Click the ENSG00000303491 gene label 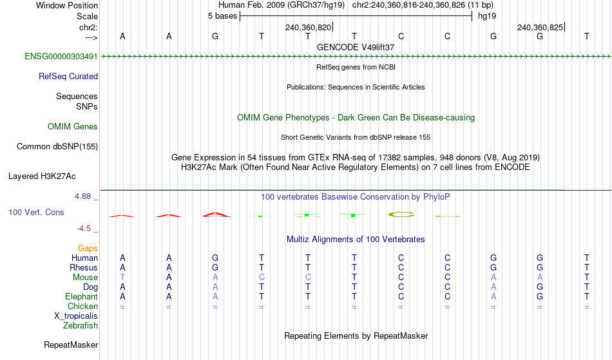click(61, 57)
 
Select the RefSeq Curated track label click(68, 77)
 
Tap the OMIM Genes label click(73, 127)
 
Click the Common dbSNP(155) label click(57, 147)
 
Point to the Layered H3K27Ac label click(42, 176)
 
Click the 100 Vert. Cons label click(36, 212)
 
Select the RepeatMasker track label click(71, 345)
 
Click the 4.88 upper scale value click(82, 196)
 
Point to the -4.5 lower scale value click(84, 229)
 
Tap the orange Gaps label click(88, 249)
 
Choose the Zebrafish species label click(81, 326)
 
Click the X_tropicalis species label click(76, 316)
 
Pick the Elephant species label click(82, 297)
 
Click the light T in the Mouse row click(122, 278)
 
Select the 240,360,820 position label click(308, 27)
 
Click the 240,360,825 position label click(540, 27)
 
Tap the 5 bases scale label click(222, 16)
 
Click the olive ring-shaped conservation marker click(401, 214)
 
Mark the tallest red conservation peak click(216, 214)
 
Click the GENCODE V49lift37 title click(356, 47)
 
